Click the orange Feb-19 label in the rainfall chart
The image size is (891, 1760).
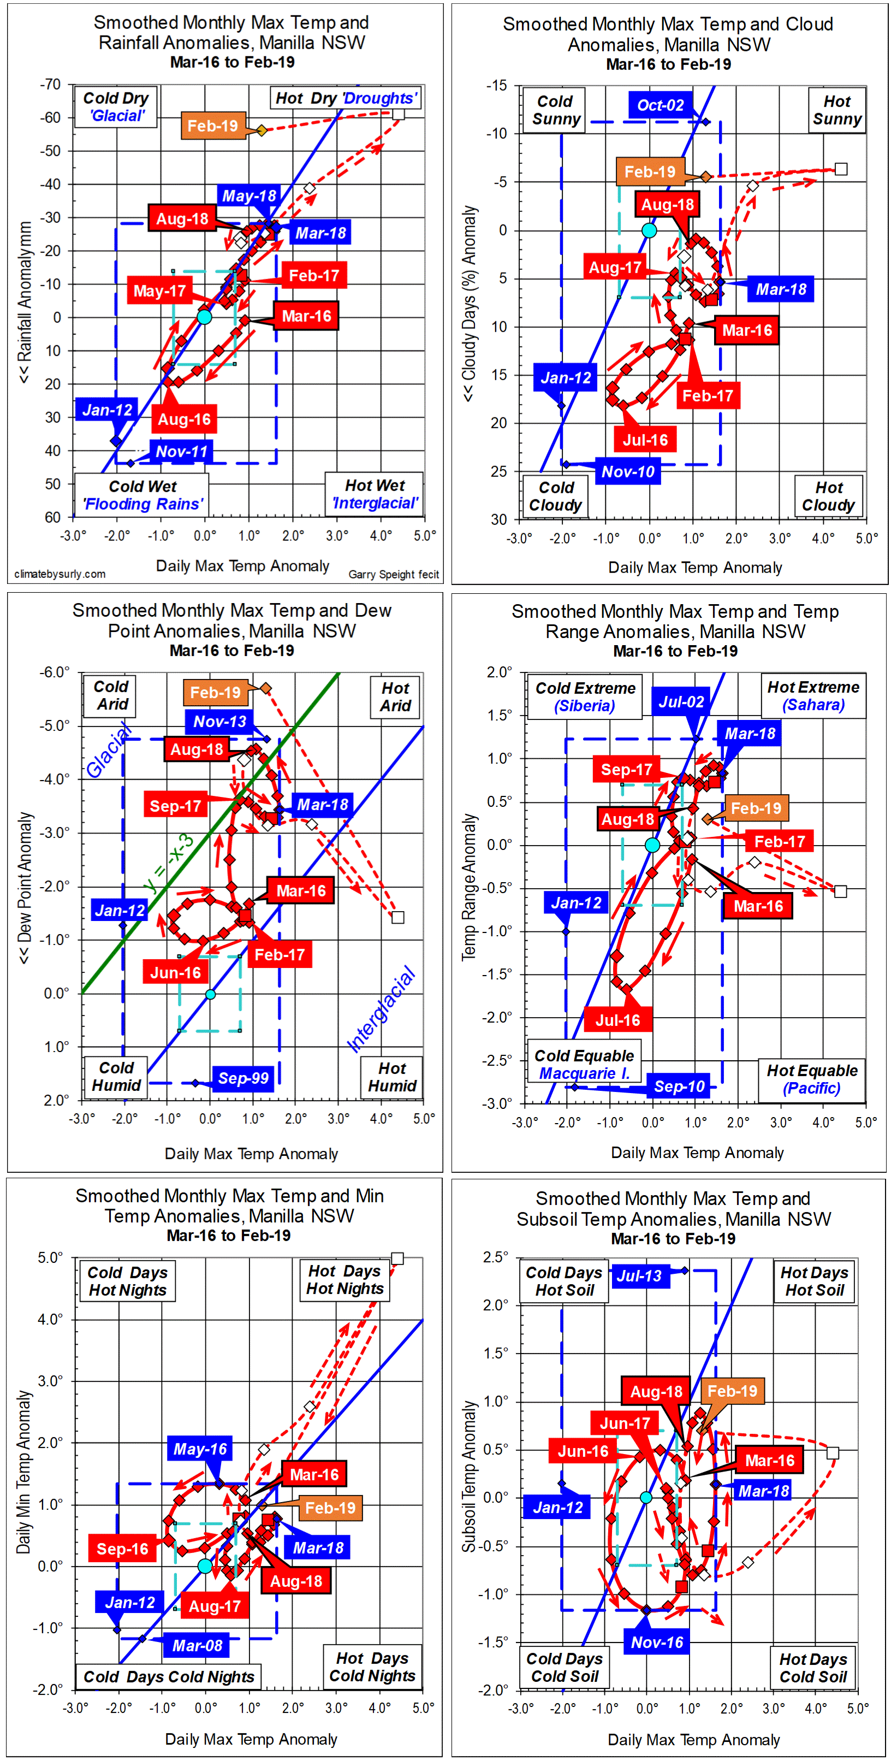click(x=212, y=126)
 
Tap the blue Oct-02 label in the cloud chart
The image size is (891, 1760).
click(x=660, y=105)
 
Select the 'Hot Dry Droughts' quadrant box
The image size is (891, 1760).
click(x=346, y=98)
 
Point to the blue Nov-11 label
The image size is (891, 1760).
click(x=181, y=452)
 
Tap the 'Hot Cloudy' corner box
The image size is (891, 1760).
click(x=828, y=496)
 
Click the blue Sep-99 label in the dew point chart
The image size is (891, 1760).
click(x=243, y=1078)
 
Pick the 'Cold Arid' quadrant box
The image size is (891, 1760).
click(x=111, y=695)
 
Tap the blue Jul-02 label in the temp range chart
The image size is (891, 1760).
click(x=681, y=702)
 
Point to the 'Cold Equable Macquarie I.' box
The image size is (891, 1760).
click(x=584, y=1064)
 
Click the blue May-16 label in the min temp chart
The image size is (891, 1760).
click(x=199, y=1449)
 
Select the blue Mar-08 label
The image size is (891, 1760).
click(x=197, y=1645)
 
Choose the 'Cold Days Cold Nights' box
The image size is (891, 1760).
click(x=168, y=1676)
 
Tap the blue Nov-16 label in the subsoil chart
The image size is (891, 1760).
click(x=657, y=1643)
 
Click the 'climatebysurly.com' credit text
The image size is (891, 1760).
click(x=60, y=574)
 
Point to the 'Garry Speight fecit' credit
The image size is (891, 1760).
click(x=393, y=575)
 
